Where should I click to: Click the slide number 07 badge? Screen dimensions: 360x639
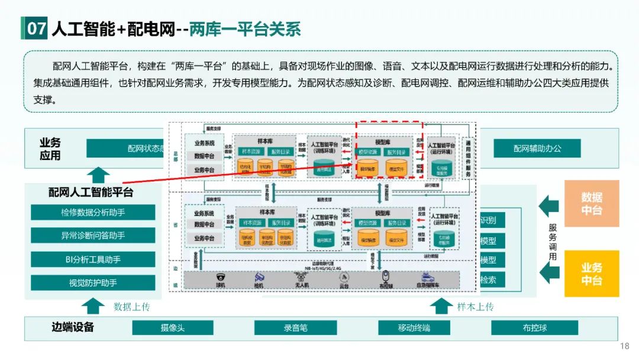[36, 29]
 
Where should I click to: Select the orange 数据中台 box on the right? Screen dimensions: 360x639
[592, 204]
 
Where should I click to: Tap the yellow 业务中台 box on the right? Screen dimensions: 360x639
[592, 274]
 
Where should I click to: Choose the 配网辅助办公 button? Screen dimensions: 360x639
[537, 148]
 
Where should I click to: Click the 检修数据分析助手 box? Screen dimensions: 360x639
[93, 213]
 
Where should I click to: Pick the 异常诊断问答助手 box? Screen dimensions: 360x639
[93, 236]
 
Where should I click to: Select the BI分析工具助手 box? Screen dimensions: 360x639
[93, 259]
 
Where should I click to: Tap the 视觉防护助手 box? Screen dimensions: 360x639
[93, 282]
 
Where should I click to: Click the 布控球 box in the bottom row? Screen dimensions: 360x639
[534, 328]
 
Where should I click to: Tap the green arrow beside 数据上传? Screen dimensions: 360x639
[93, 306]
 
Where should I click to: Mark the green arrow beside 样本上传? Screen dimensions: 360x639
[440, 306]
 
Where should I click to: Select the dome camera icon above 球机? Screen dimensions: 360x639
[221, 277]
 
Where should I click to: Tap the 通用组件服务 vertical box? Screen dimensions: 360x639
[469, 159]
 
